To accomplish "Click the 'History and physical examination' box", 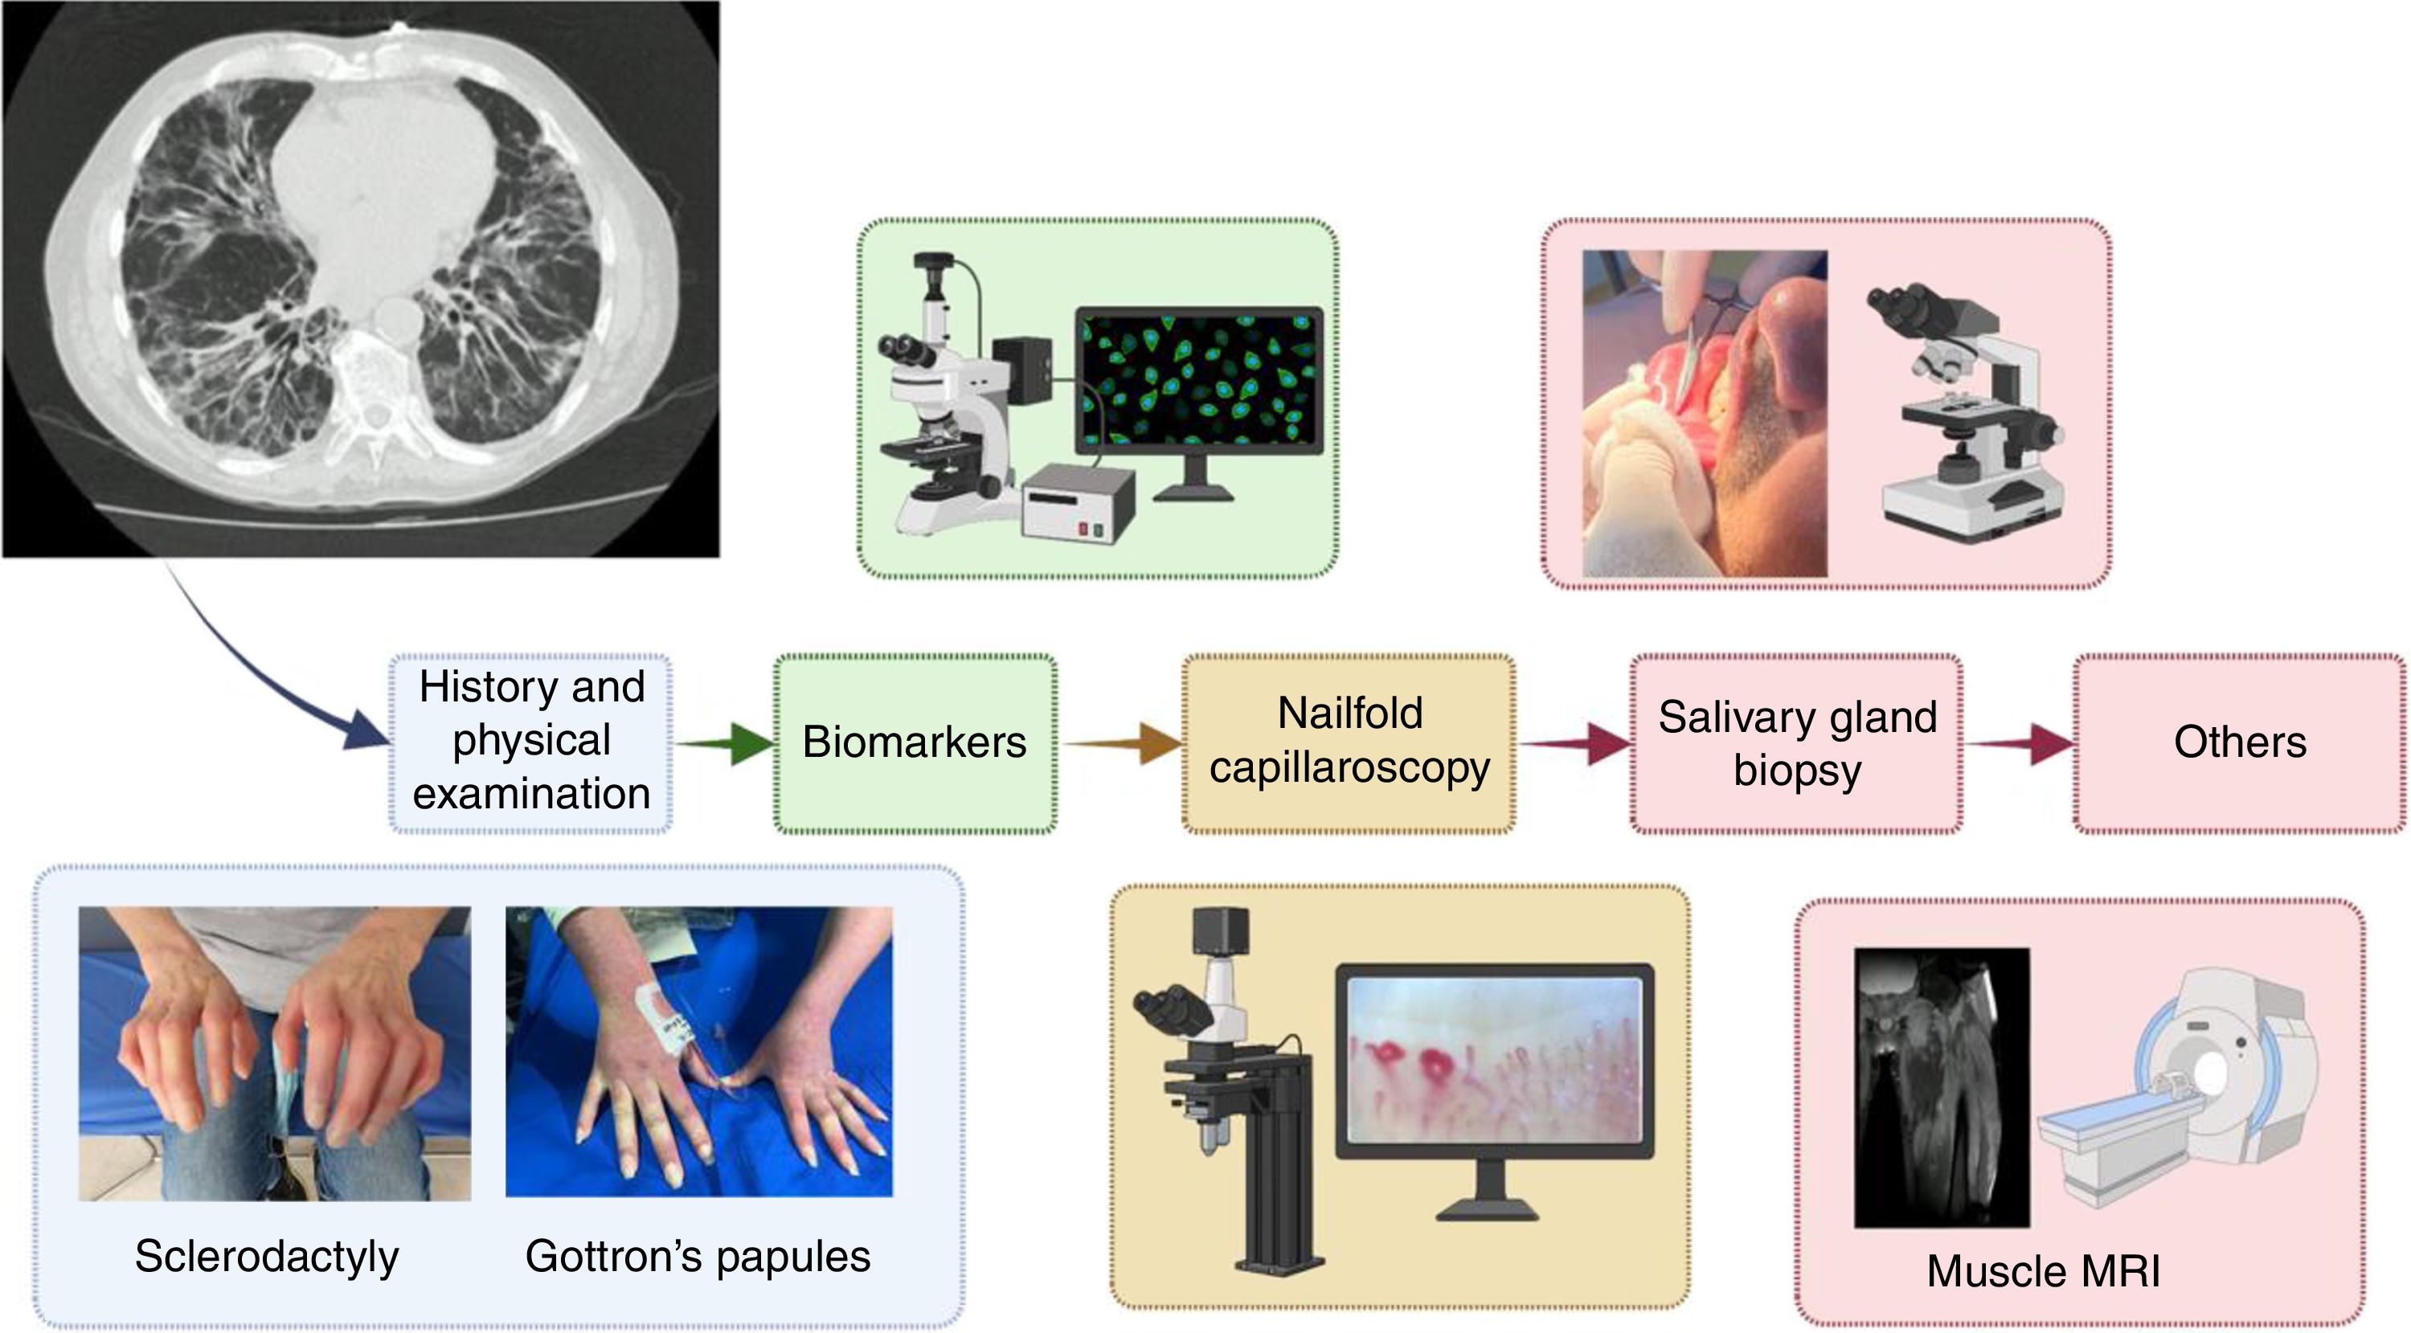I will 530,742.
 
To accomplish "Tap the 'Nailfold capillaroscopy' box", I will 1349,742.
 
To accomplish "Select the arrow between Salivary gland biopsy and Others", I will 2022,745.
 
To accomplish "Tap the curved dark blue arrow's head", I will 365,733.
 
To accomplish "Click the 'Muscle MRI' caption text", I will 2043,1271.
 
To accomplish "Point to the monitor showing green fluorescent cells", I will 1200,379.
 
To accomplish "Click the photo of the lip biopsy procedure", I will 1704,411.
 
